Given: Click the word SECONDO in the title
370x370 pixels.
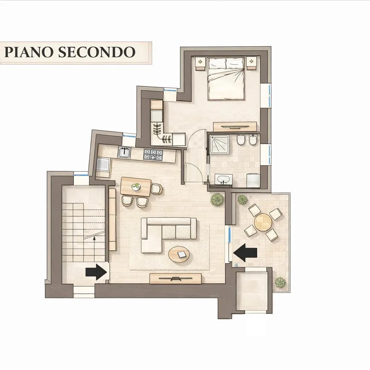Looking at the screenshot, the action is click(x=97, y=52).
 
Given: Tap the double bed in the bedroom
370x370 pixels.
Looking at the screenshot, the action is click(x=226, y=78).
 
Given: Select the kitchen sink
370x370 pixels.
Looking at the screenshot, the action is click(x=124, y=152).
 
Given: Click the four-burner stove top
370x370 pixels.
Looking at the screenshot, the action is click(x=153, y=155).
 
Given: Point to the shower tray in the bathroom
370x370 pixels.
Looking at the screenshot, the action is click(x=219, y=145).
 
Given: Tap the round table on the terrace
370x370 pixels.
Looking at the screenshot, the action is click(x=263, y=222).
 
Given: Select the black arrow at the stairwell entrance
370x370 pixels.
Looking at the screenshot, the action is click(x=96, y=272).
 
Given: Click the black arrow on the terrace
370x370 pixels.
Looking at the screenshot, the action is click(x=245, y=253).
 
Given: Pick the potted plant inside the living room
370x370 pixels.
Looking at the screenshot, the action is click(x=217, y=199).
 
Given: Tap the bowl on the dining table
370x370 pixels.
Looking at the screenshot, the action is click(x=136, y=187).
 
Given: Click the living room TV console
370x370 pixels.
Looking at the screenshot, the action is click(x=176, y=279).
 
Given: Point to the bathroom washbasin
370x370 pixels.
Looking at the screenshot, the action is click(x=223, y=179).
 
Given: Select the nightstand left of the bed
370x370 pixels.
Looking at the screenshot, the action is click(x=201, y=63).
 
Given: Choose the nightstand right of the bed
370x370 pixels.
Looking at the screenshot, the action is click(x=251, y=63).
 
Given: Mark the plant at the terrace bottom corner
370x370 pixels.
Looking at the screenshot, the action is click(x=280, y=282).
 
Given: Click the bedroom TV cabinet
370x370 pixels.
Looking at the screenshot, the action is click(x=235, y=127).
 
